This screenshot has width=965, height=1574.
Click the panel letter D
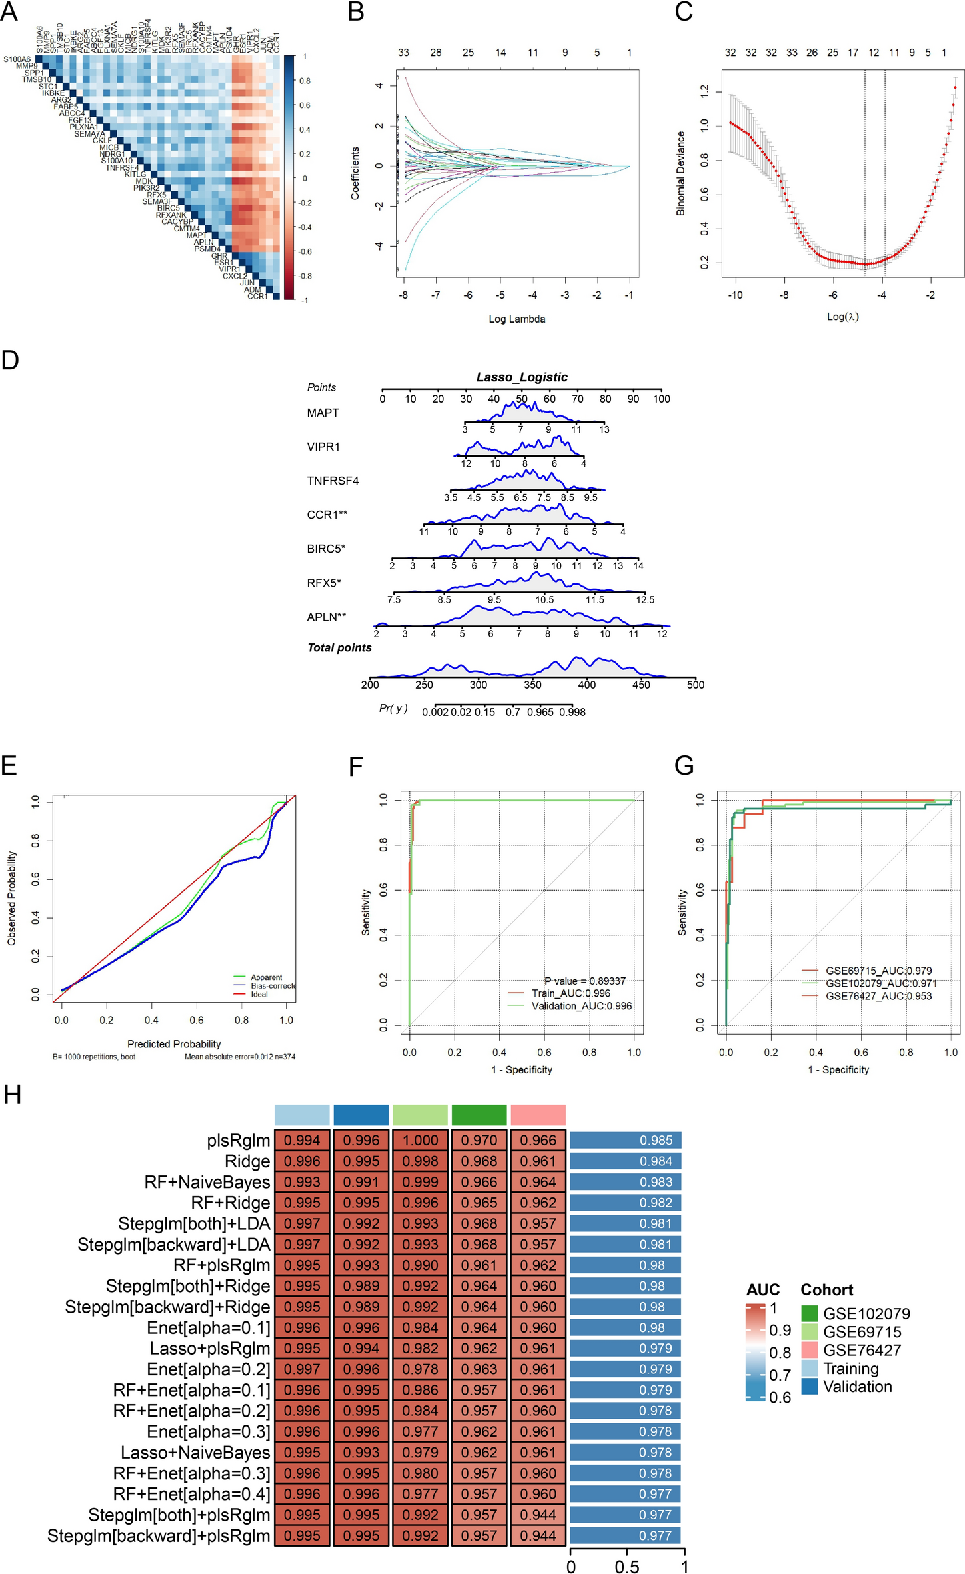click(10, 360)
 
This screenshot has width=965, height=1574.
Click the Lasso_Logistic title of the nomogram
click(522, 377)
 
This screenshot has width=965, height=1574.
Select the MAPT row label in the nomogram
click(323, 413)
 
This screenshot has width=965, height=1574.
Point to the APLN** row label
click(326, 617)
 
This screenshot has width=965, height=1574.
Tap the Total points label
click(339, 648)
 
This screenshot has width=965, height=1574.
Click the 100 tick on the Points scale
click(661, 399)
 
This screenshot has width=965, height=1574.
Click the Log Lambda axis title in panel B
click(516, 319)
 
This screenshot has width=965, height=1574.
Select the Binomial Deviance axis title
click(680, 173)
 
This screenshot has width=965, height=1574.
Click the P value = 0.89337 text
click(584, 981)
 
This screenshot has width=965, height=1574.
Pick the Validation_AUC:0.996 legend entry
click(581, 1006)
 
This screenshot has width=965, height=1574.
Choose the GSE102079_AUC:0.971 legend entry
click(880, 983)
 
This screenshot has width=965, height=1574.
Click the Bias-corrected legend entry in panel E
click(272, 985)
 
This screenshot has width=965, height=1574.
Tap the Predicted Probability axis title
click(174, 1044)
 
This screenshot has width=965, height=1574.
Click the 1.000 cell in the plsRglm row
click(420, 1141)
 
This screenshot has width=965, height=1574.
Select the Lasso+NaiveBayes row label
click(195, 1453)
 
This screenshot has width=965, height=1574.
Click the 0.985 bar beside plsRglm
click(625, 1141)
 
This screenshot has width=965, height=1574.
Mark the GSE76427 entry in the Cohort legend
click(862, 1350)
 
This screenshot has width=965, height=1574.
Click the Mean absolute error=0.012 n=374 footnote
click(240, 1057)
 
